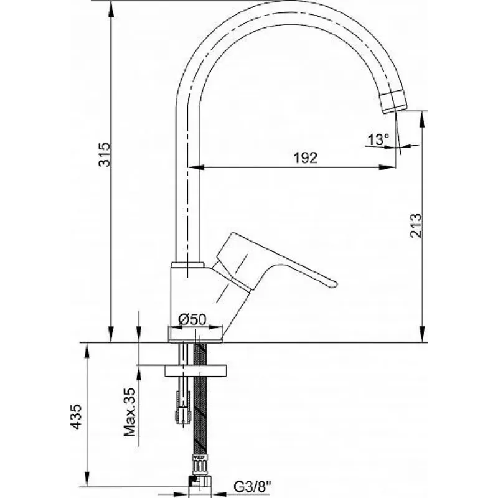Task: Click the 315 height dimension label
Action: (105, 154)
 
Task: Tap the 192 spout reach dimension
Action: (305, 158)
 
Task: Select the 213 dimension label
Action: (416, 226)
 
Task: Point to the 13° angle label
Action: (378, 139)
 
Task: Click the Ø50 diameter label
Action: (192, 319)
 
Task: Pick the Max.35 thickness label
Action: (130, 412)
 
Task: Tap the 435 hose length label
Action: (76, 416)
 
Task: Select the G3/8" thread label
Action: (253, 486)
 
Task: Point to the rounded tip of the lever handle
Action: (333, 284)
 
